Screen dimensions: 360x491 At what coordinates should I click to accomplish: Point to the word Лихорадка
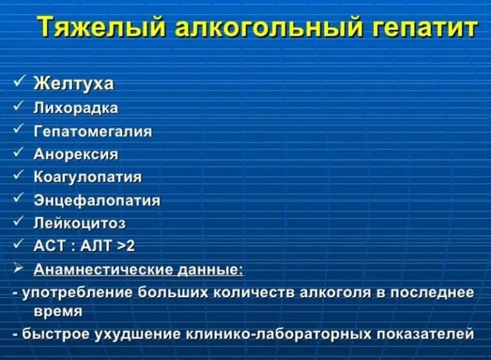click(75, 108)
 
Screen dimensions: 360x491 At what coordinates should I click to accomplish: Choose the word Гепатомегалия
click(93, 131)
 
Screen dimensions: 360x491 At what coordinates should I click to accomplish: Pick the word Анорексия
click(75, 154)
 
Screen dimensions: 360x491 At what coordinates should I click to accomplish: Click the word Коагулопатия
click(87, 177)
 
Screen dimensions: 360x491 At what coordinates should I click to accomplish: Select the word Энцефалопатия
click(96, 200)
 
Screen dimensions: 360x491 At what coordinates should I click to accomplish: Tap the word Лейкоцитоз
click(79, 223)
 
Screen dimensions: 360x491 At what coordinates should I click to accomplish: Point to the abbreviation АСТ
click(49, 246)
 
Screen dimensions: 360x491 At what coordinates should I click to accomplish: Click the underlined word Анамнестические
click(105, 269)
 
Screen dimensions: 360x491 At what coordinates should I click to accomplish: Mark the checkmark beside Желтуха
click(19, 82)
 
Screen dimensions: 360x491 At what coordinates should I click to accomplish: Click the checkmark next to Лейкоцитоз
click(19, 221)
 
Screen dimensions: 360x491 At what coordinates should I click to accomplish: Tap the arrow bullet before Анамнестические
click(19, 268)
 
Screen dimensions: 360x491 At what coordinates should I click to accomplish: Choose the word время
click(58, 311)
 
